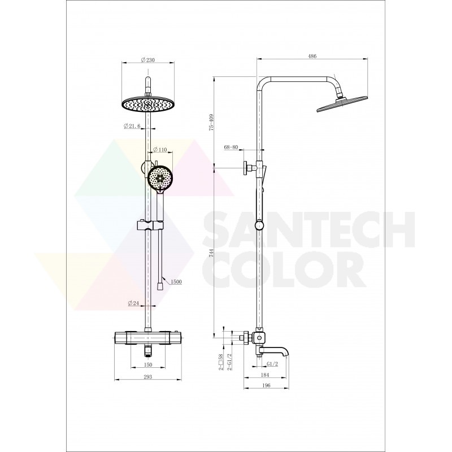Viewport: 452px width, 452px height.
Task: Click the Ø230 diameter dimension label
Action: coord(148,60)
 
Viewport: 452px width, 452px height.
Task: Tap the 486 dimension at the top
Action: coord(312,56)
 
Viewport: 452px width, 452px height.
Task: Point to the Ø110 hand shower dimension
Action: coord(160,149)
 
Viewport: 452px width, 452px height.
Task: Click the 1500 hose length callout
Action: coord(176,281)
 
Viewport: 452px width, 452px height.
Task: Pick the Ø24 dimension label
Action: coord(133,303)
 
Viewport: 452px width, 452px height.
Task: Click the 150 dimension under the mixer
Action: coord(147,364)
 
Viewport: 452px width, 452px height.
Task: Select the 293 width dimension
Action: coord(147,377)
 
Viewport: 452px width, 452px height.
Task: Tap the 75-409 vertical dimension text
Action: coord(211,123)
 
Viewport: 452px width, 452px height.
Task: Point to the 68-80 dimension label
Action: coord(231,147)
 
